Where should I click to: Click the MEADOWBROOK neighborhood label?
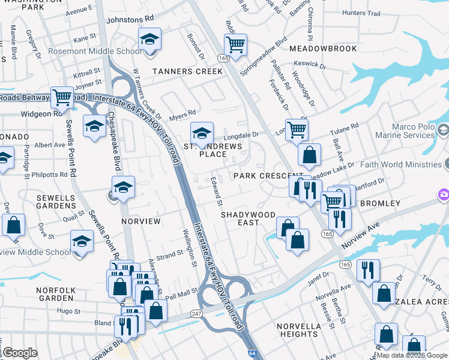coord(323,49)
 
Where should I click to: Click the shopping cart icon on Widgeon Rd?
coord(62,97)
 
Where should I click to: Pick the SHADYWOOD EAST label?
coord(248,218)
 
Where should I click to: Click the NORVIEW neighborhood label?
coord(141,221)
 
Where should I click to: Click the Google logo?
coord(20,353)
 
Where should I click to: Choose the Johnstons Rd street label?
coord(130,19)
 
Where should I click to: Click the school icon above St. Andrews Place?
coord(202,132)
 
